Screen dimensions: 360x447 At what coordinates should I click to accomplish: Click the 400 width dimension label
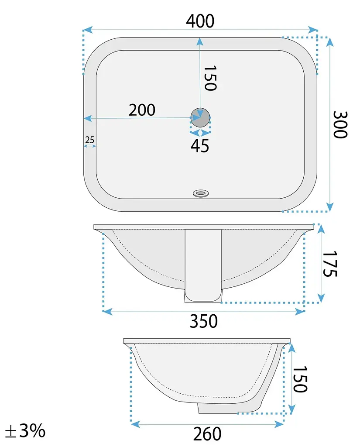[x=200, y=21]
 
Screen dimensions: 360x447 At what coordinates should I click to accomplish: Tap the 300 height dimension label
[x=340, y=124]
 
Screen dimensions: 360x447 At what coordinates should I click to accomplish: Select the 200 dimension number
[x=142, y=110]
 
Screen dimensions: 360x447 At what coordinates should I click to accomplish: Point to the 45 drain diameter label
[x=200, y=145]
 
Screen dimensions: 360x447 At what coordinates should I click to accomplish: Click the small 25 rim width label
[x=89, y=140]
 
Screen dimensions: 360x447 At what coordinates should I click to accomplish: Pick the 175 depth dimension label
[x=330, y=264]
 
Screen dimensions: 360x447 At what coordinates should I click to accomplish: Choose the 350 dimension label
[x=204, y=321]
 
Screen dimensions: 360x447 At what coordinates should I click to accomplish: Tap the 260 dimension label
[x=207, y=434]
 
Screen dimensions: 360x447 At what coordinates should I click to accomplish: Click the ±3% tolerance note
[x=25, y=430]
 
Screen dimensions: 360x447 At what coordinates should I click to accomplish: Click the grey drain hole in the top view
[x=200, y=117]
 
